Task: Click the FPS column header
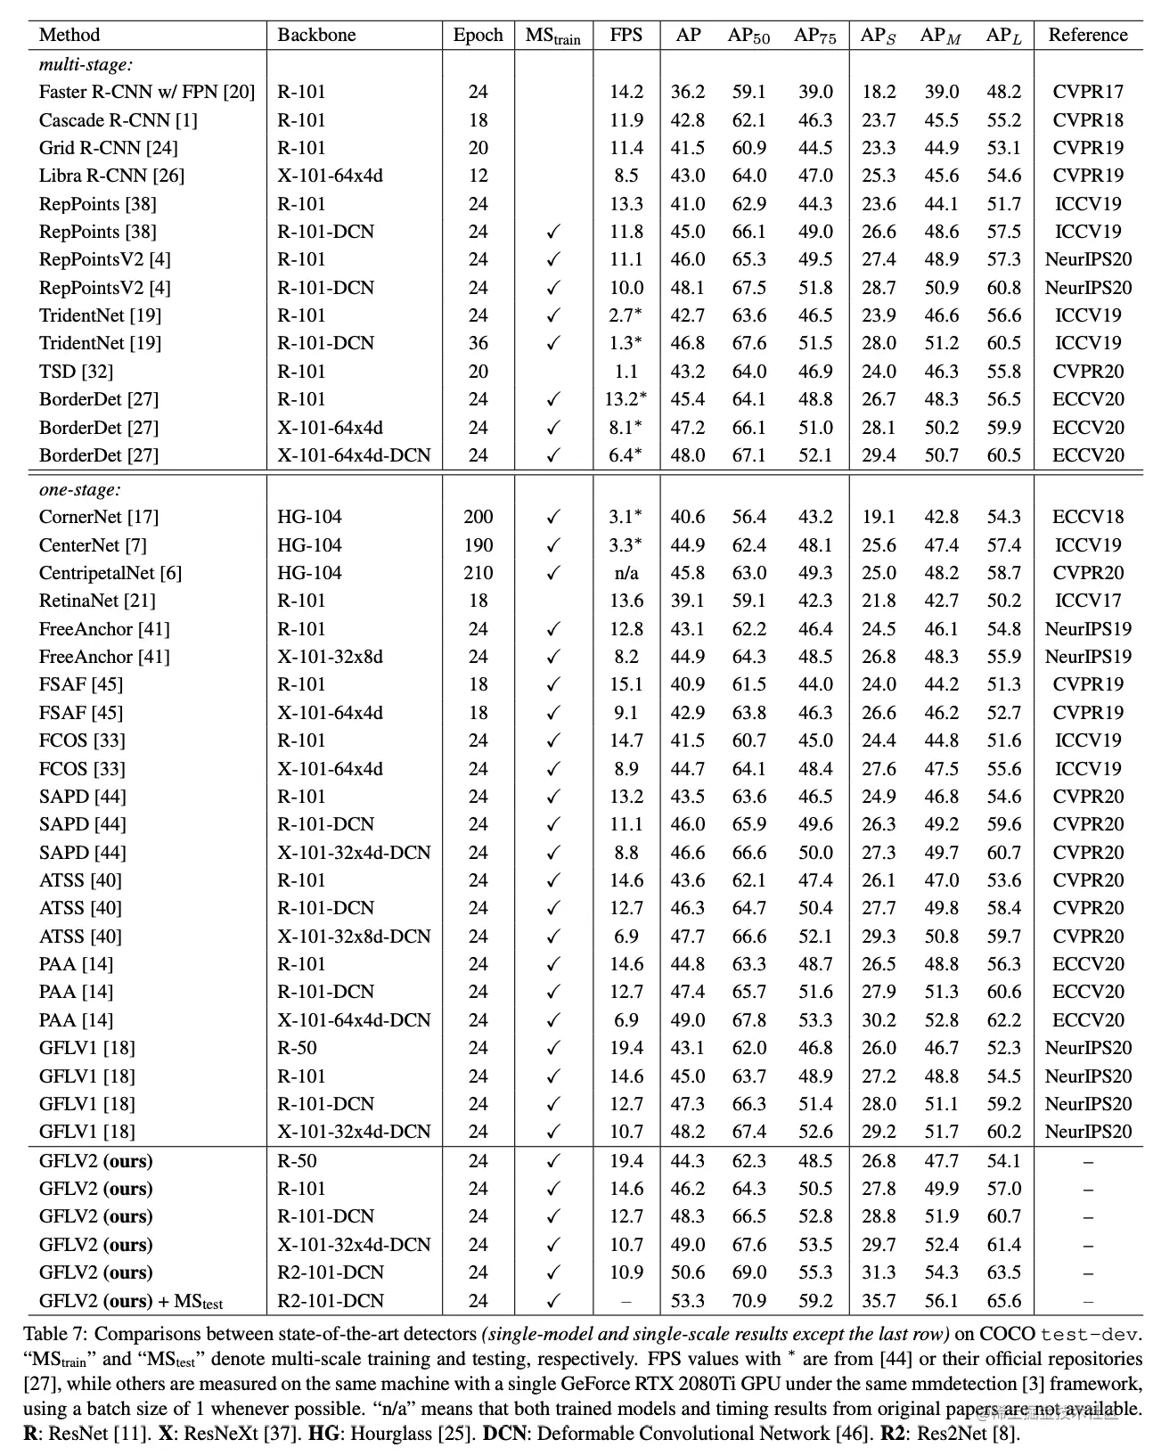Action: [626, 35]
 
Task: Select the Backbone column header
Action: [316, 35]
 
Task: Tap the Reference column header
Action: [1088, 35]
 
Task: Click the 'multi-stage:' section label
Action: [86, 64]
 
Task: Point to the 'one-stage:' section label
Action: [80, 489]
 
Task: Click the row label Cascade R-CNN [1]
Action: [119, 119]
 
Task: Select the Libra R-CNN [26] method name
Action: [111, 176]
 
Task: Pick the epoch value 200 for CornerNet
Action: [478, 517]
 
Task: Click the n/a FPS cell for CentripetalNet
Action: [626, 573]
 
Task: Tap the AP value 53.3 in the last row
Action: [688, 1301]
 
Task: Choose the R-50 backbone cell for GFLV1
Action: [297, 1048]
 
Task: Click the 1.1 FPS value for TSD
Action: [626, 372]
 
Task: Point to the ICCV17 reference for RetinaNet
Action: [1088, 601]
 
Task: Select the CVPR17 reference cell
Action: [1088, 92]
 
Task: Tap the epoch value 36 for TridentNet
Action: [478, 343]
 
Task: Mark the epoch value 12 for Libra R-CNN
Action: [478, 176]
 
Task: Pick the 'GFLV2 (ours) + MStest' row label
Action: [131, 1301]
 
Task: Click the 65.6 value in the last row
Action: [1003, 1301]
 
